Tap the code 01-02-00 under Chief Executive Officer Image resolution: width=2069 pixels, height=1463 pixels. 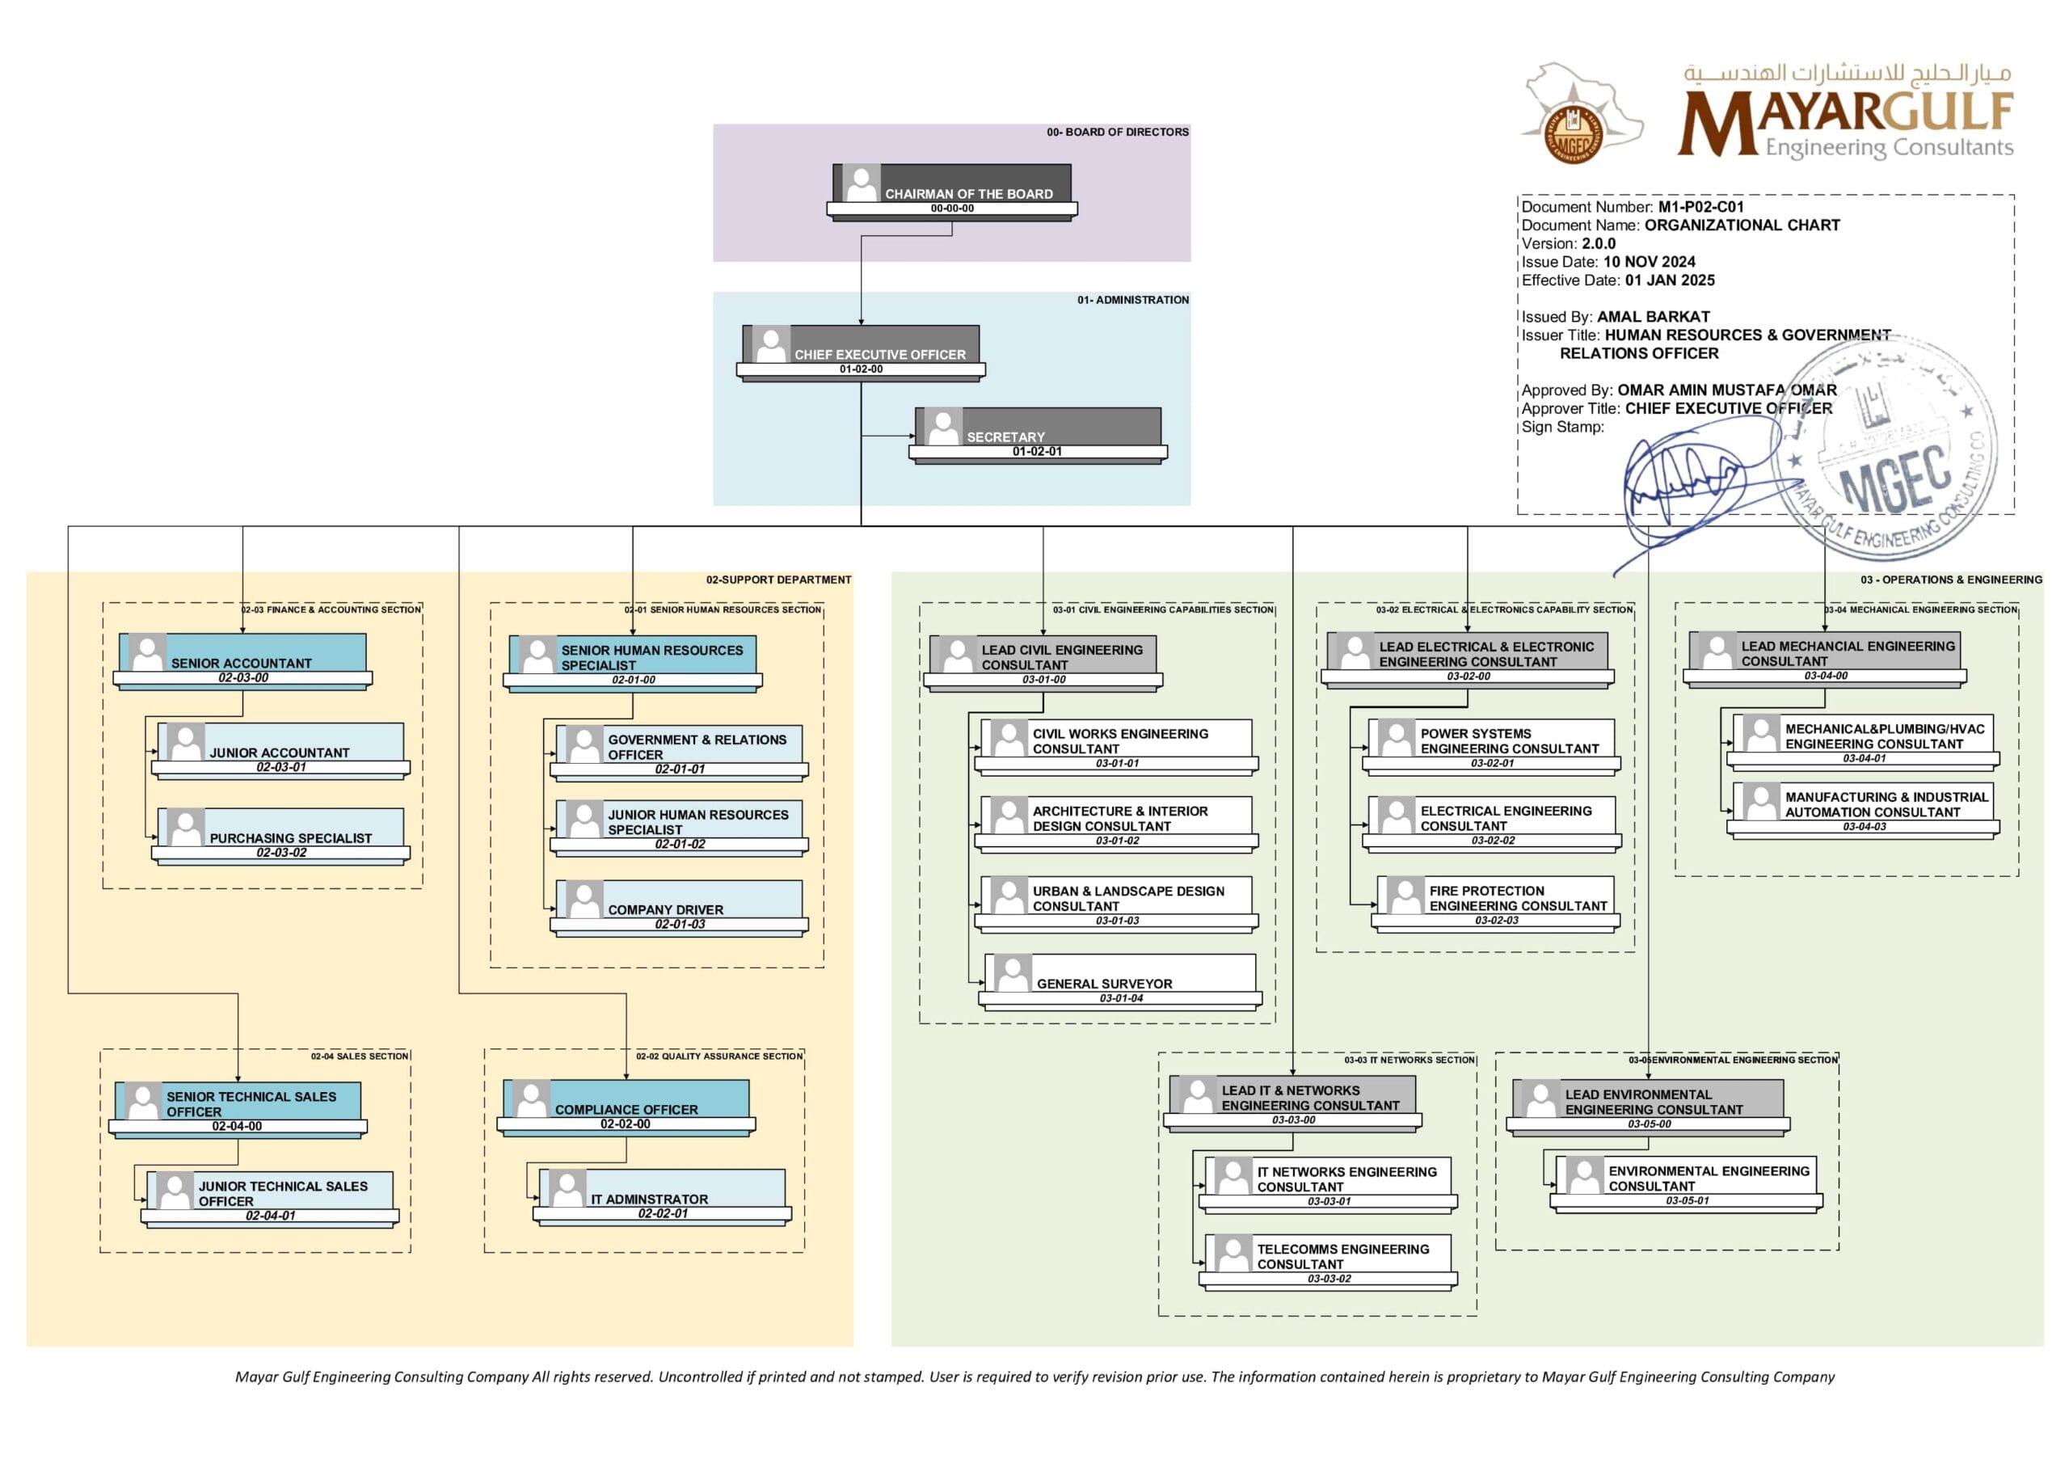861,369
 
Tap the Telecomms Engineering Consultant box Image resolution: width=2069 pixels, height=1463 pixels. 1327,1254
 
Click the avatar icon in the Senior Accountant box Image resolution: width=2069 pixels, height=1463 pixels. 147,652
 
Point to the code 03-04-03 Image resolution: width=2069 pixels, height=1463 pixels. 1864,827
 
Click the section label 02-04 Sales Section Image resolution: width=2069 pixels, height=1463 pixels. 360,1056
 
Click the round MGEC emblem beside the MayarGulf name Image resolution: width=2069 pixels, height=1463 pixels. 1573,135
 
